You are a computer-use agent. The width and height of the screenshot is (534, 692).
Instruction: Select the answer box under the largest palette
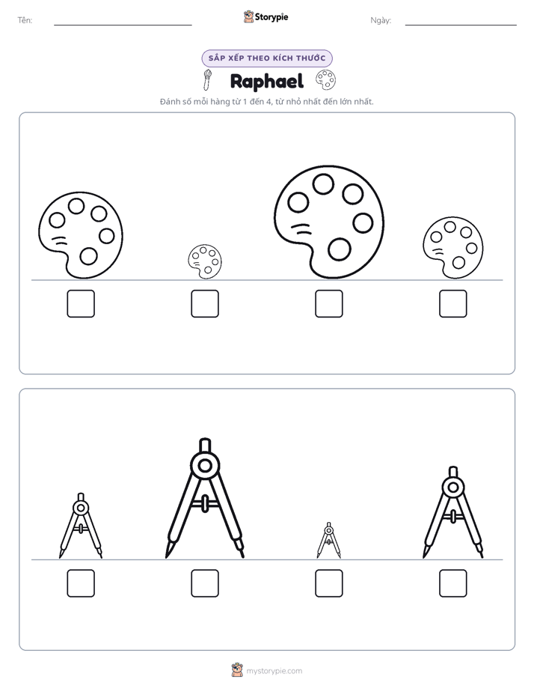[328, 303]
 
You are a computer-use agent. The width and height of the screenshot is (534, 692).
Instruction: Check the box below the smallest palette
[205, 303]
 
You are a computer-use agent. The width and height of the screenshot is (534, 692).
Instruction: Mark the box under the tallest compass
[205, 583]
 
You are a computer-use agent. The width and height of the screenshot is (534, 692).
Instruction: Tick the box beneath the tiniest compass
[328, 583]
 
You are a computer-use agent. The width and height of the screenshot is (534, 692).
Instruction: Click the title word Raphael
[267, 81]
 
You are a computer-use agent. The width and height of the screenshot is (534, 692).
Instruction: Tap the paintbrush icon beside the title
[206, 79]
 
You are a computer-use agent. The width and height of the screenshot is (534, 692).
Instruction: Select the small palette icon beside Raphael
[325, 80]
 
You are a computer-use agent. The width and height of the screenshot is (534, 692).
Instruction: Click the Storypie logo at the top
[266, 16]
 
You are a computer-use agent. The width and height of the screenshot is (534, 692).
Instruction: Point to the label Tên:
[25, 20]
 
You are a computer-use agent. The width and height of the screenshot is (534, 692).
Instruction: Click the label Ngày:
[381, 20]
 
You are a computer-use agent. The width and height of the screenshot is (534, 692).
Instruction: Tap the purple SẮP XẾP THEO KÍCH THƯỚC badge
[267, 58]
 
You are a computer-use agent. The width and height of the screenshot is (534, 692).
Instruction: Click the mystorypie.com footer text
[274, 671]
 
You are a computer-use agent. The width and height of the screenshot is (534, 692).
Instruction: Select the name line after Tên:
[123, 25]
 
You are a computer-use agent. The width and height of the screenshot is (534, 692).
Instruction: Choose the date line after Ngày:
[461, 25]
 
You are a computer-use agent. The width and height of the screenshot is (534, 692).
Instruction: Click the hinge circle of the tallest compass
[205, 465]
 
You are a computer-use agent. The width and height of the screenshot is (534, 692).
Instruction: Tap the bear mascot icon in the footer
[237, 670]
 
